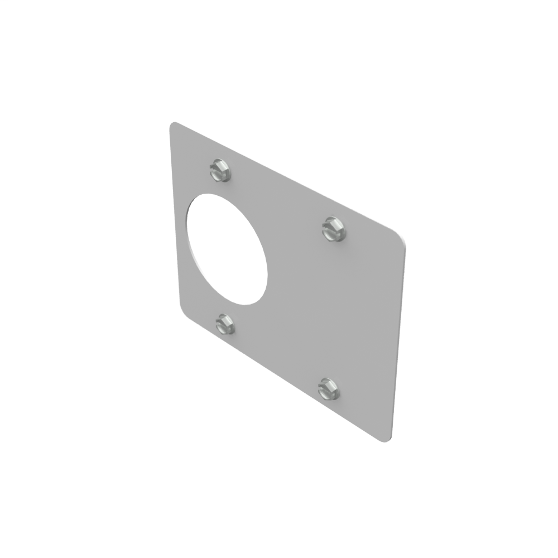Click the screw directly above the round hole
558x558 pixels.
point(221,170)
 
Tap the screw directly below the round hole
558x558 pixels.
point(225,324)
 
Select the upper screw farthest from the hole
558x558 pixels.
point(334,229)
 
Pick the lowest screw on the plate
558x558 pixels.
point(329,388)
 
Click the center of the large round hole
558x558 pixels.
point(227,249)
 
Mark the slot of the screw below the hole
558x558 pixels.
point(225,323)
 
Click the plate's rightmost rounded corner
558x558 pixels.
point(401,237)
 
